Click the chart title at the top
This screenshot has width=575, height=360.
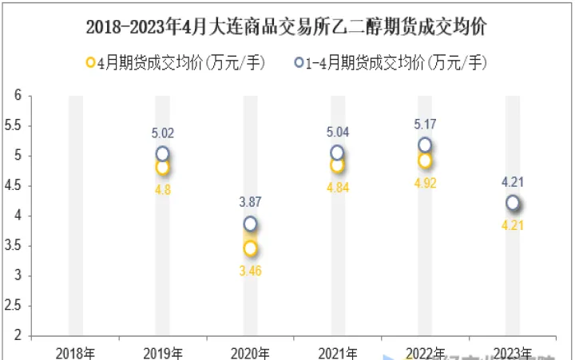(287, 27)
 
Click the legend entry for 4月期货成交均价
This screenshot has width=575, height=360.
(175, 62)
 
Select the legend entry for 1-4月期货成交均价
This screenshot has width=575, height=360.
(391, 62)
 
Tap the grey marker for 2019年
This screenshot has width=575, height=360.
(163, 154)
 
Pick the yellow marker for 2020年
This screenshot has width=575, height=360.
(250, 248)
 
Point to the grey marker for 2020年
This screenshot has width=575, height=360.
(250, 224)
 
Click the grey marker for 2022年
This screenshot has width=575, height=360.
(425, 145)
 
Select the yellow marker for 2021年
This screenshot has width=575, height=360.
(337, 165)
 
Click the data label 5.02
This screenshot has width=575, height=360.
(163, 133)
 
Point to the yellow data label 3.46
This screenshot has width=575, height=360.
(250, 271)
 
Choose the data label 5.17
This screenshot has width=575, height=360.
(425, 125)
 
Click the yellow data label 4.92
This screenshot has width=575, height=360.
(425, 183)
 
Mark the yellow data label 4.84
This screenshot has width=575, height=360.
(337, 187)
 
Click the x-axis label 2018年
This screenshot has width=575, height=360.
(75, 352)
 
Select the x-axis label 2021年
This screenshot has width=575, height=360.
(337, 352)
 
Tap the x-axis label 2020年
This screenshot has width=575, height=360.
(250, 352)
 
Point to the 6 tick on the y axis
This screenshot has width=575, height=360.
(17, 96)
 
